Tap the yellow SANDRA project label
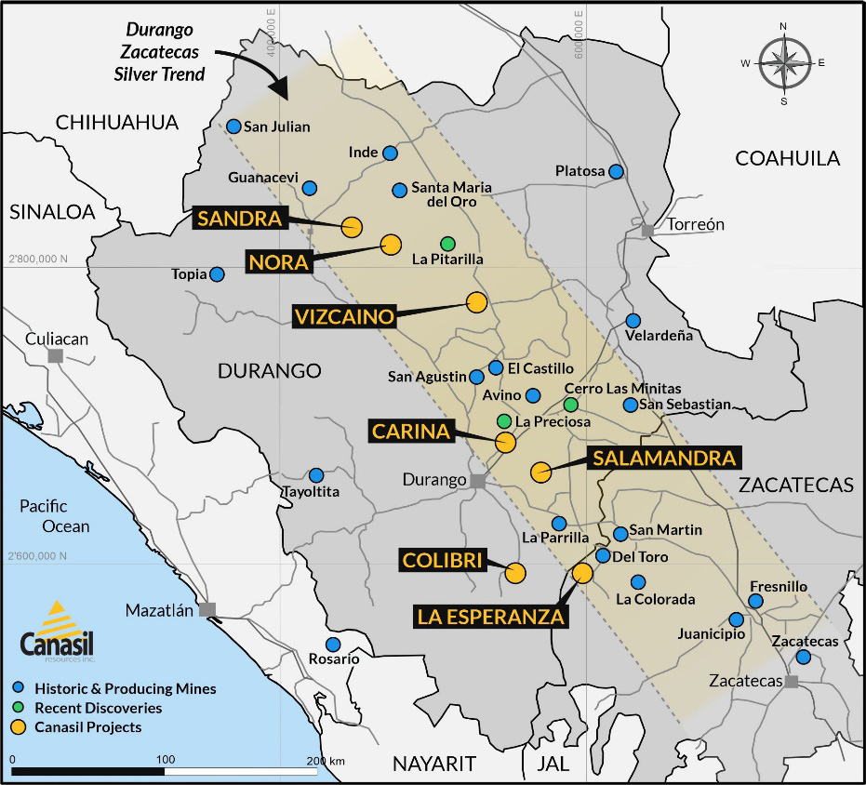[238, 219]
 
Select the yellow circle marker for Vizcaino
[476, 301]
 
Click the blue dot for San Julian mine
[234, 126]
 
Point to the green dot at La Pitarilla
[447, 243]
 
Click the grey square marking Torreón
[648, 230]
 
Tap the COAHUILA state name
[787, 158]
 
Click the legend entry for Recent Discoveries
[98, 708]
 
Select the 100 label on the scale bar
[166, 761]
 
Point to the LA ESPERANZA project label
[490, 616]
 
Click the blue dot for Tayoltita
[316, 475]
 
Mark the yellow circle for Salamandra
[540, 472]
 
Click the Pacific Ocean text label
[56, 516]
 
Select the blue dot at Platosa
[616, 171]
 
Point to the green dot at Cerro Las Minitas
[571, 405]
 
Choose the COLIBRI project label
[443, 560]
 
